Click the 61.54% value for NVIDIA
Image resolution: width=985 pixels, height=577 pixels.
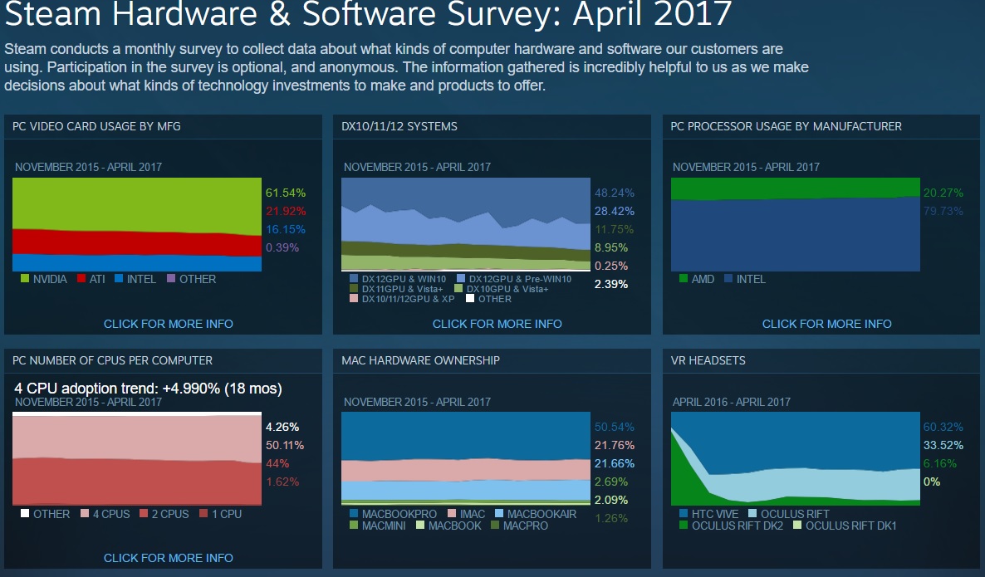(x=286, y=193)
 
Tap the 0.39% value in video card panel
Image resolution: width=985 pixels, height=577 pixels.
(x=282, y=247)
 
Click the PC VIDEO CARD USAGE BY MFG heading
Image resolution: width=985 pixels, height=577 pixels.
(x=96, y=126)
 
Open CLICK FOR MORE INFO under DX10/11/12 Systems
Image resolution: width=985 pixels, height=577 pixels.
(x=497, y=324)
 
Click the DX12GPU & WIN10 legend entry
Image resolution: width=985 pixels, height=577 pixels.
(x=402, y=279)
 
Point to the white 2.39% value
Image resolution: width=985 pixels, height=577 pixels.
(x=611, y=284)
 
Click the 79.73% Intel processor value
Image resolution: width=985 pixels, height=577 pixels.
(x=943, y=211)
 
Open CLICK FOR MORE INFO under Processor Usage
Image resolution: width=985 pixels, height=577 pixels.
(x=826, y=324)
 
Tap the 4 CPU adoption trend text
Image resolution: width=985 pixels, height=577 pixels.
(x=148, y=388)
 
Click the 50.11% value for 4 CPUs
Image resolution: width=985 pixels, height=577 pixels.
(x=284, y=445)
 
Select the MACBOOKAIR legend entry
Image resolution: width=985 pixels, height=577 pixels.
(x=541, y=514)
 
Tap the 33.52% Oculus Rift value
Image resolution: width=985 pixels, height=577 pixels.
(x=943, y=445)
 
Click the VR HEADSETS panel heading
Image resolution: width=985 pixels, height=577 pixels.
(x=708, y=360)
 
